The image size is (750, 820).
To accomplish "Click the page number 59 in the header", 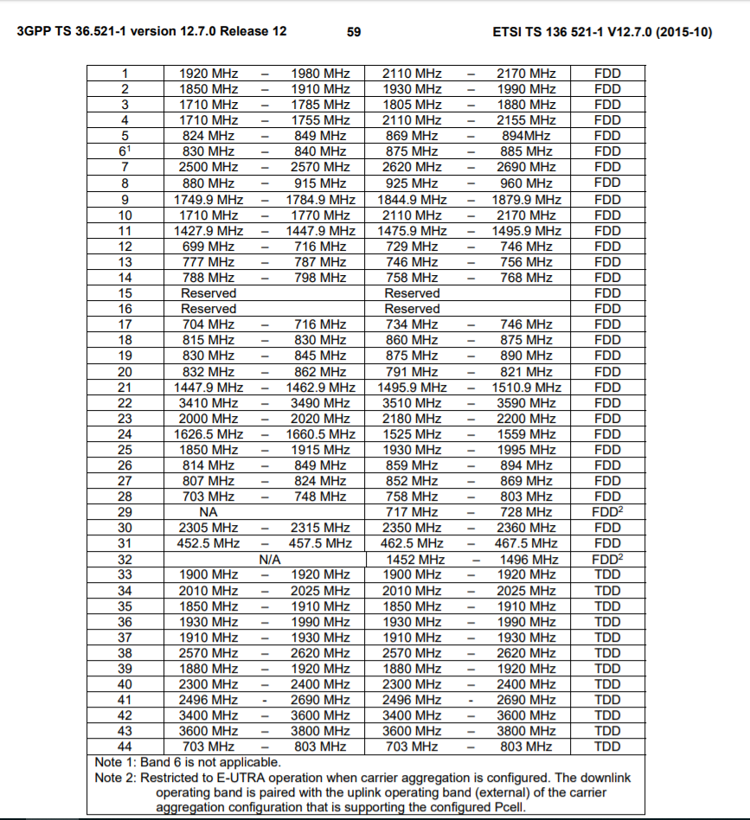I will pos(353,32).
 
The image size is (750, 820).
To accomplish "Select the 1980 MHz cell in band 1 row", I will pos(320,74).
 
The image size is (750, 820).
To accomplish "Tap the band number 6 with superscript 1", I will pos(125,151).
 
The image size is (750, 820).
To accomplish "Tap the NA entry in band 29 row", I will pos(208,512).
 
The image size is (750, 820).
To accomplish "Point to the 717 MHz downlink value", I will pos(412,512).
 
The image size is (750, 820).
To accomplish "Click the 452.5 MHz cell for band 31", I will pos(208,543).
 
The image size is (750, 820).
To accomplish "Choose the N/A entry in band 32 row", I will pos(269,560).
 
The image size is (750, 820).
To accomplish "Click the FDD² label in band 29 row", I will pos(607,512).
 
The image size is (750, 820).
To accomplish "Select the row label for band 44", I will pos(125,746).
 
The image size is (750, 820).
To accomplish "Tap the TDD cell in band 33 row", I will pos(607,574).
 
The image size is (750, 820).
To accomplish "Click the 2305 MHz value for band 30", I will pos(208,528).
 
